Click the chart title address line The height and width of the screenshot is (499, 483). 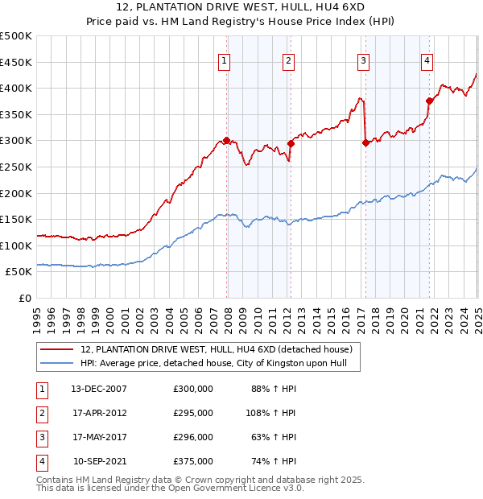point(242,9)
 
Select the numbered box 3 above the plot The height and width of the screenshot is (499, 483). point(364,60)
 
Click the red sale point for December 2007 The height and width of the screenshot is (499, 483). point(227,140)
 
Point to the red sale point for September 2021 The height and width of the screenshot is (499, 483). point(429,101)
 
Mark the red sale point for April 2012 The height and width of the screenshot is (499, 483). point(291,143)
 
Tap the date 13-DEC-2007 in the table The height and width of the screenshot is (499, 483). point(99,389)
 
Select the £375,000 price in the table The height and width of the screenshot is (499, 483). point(193,461)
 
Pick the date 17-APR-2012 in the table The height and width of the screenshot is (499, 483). point(99,413)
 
